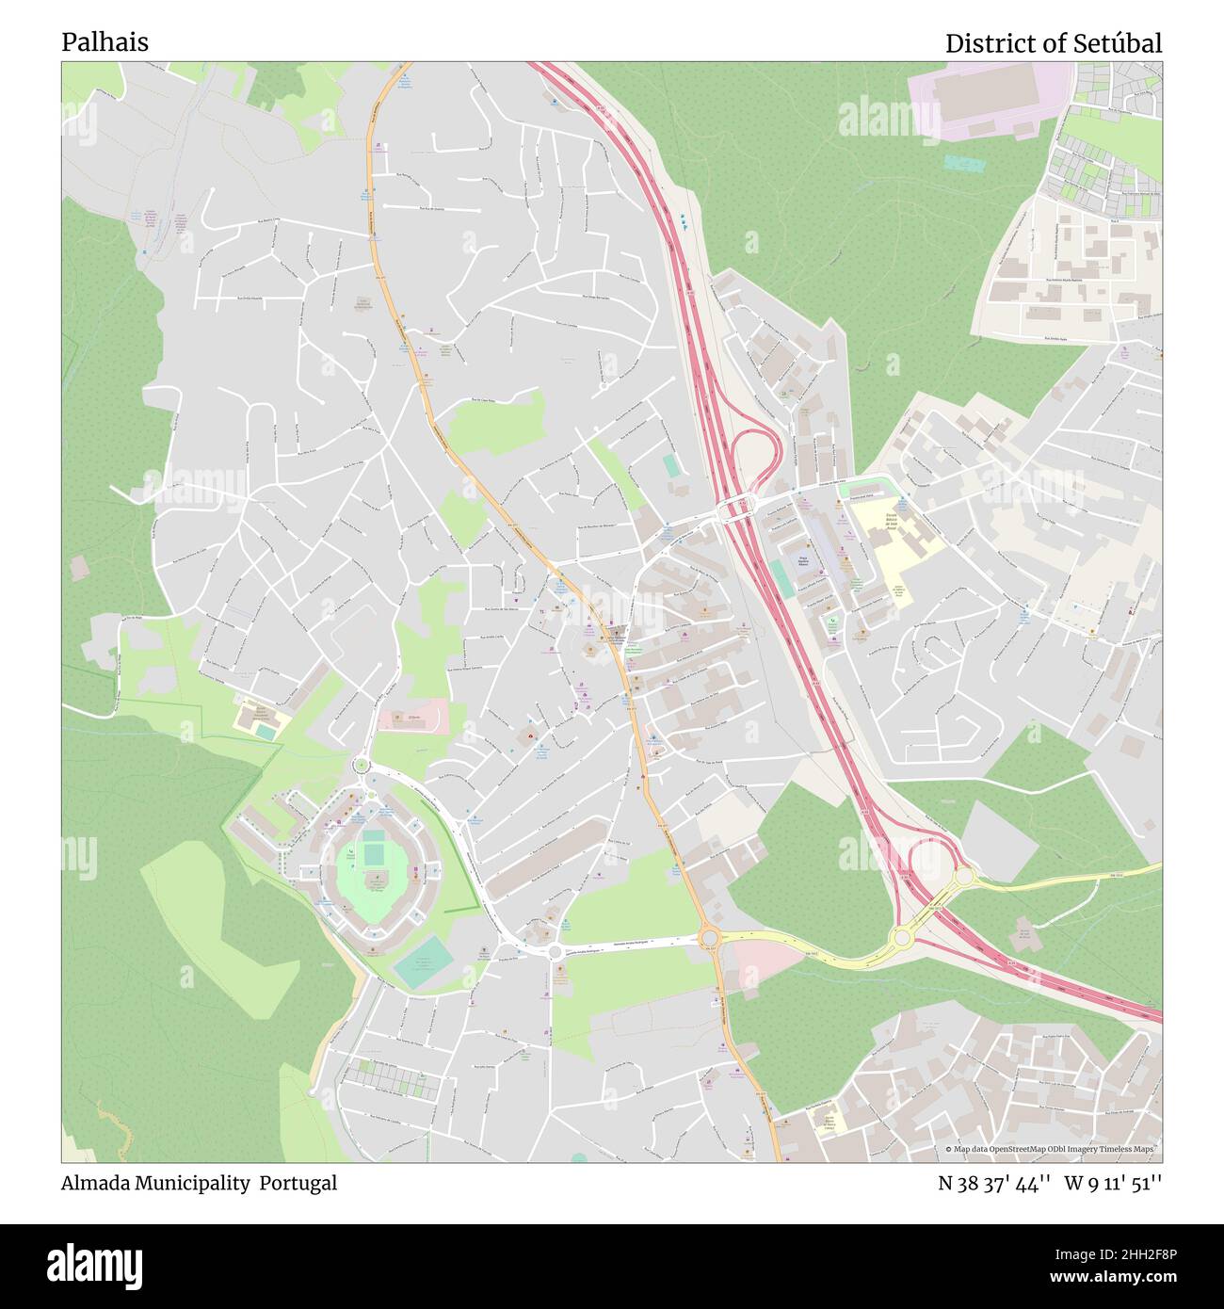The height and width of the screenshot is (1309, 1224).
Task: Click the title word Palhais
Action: coord(105,42)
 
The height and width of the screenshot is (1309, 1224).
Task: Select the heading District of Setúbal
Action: coord(1053,43)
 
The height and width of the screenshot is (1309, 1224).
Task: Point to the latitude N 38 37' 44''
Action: coord(993,1183)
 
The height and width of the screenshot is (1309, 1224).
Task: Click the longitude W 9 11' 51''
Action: coord(1113,1183)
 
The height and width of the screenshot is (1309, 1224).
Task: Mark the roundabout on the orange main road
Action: coord(709,937)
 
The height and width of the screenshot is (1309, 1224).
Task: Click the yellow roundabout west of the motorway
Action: coord(901,937)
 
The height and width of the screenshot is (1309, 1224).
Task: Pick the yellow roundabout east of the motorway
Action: coord(964,876)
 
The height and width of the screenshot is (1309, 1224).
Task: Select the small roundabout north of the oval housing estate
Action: coord(361,766)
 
